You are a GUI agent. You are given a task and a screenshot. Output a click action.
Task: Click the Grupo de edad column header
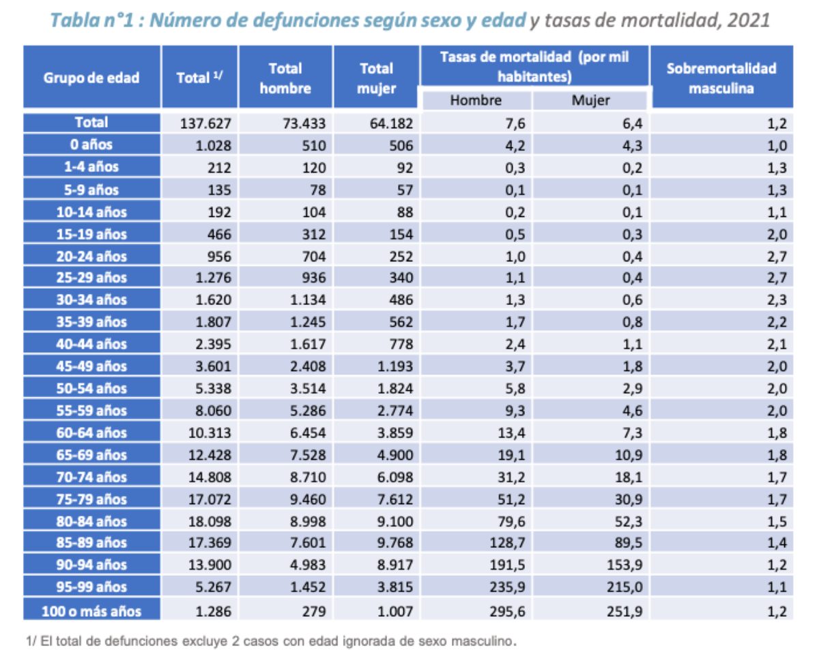tap(91, 78)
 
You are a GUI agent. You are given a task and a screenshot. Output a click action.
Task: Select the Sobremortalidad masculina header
tap(721, 78)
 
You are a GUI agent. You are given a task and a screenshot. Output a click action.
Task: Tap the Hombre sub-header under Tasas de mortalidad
tap(476, 100)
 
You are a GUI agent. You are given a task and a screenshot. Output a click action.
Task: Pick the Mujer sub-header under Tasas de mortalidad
tap(590, 100)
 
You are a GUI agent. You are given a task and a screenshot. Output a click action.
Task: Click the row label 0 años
tap(91, 144)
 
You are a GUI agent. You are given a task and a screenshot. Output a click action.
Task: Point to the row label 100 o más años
tap(91, 611)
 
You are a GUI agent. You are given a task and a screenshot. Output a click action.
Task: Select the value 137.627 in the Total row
tap(205, 123)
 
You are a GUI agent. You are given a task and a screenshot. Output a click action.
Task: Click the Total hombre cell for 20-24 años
tap(314, 256)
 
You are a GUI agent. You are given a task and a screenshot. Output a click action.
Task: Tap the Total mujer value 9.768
tap(395, 542)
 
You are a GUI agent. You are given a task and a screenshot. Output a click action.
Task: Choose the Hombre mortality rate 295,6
tap(507, 611)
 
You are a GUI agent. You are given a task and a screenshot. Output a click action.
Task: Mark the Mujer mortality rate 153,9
tap(624, 564)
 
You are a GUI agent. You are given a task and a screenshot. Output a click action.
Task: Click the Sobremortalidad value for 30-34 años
tap(777, 300)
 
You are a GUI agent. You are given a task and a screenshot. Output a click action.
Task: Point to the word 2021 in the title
tap(749, 20)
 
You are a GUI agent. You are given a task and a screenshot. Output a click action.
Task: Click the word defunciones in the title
tap(306, 20)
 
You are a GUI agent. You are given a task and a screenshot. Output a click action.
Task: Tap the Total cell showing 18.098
tap(210, 521)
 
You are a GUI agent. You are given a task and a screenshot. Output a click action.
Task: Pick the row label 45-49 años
tap(91, 366)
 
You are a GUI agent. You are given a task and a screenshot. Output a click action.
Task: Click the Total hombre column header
tap(285, 78)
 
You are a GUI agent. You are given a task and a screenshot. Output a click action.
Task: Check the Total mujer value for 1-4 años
tap(405, 167)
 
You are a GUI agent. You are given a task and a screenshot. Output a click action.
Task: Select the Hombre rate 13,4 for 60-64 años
tap(511, 433)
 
